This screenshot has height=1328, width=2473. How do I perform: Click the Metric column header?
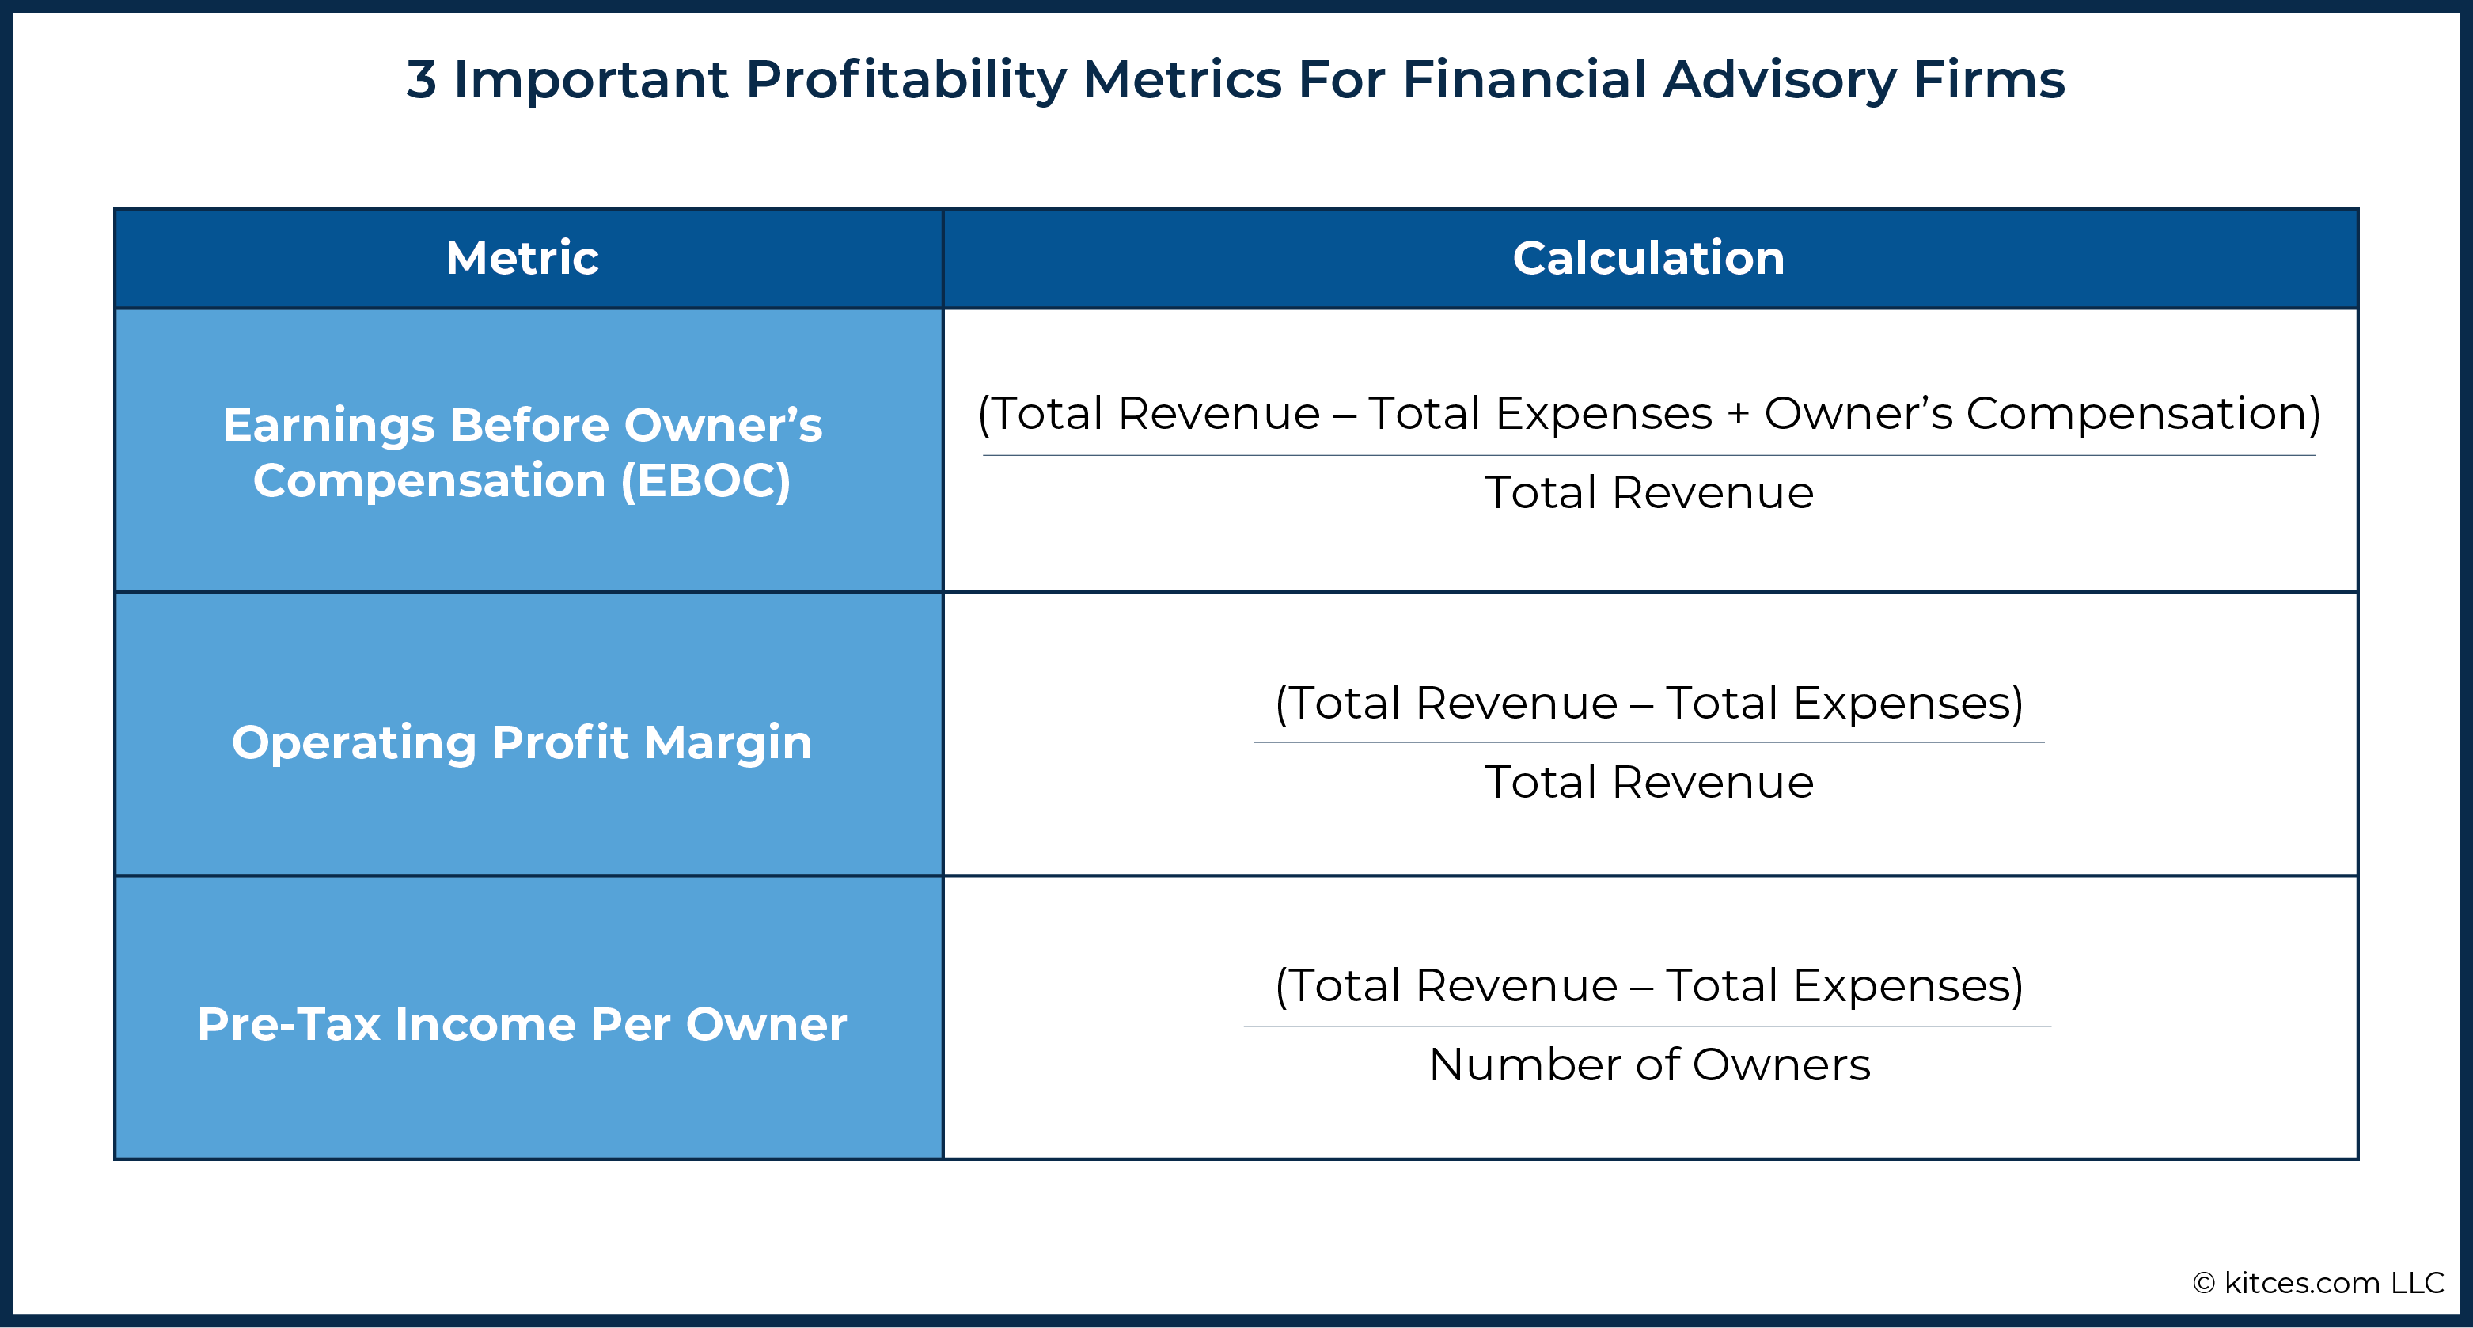522,257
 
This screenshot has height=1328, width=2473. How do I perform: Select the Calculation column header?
1648,257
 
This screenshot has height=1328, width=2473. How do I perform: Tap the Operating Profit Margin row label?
522,742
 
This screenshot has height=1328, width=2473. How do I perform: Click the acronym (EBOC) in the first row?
706,480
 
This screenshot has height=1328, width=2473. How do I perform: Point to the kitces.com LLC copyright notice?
2319,1283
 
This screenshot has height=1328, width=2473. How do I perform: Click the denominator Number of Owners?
1649,1064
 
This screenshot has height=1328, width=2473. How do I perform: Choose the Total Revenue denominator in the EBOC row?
1649,492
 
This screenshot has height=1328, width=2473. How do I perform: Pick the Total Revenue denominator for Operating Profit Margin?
1649,782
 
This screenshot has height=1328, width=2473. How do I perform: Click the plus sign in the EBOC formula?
1738,415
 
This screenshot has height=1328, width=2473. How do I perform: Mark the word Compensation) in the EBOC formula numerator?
2143,414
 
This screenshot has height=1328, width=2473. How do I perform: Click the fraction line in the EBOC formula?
1649,455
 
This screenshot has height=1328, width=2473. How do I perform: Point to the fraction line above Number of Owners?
1648,1026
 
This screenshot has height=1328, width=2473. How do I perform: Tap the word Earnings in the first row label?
328,425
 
